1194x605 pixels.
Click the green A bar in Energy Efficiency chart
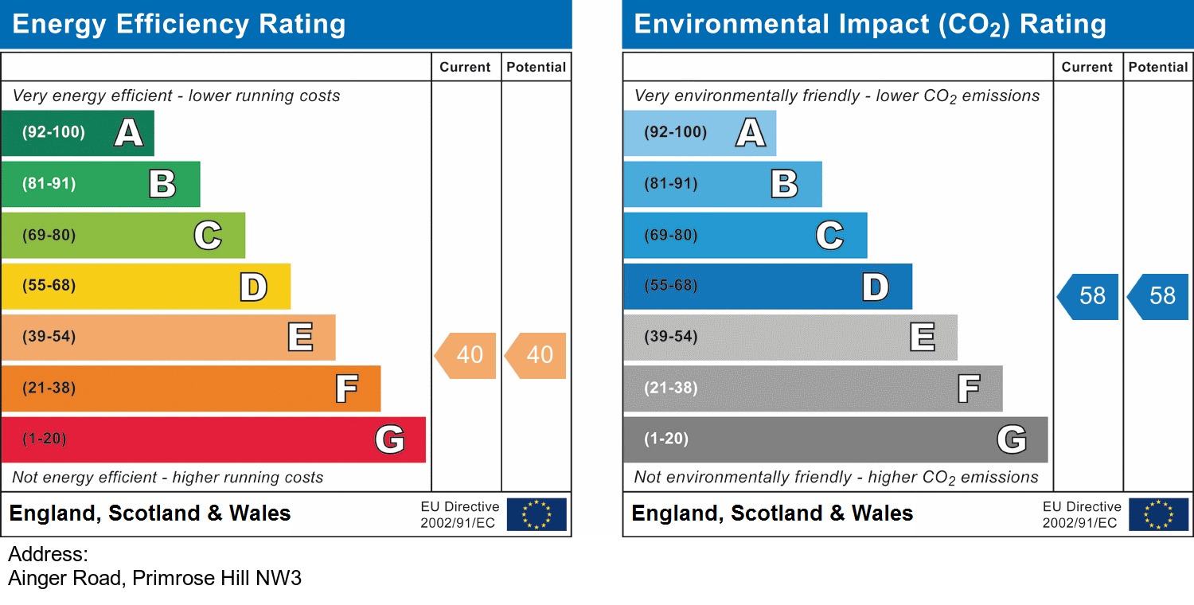point(77,133)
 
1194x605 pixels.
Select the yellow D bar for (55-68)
point(146,287)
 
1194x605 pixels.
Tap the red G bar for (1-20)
point(213,439)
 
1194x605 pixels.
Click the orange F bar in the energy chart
point(191,388)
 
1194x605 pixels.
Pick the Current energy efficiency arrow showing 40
point(466,355)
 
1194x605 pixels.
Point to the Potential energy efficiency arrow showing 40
point(537,355)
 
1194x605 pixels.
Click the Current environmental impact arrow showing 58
point(1089,296)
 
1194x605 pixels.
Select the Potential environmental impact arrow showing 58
point(1159,296)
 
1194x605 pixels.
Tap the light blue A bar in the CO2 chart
point(699,133)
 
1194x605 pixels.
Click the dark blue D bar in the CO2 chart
point(767,287)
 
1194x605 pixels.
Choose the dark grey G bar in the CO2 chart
point(835,439)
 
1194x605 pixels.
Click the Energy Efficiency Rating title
point(179,25)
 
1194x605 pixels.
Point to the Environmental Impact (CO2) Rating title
point(870,25)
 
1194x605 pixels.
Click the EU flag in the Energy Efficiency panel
point(537,514)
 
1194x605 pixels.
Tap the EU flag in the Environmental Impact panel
point(1158,514)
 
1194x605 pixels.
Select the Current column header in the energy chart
point(465,68)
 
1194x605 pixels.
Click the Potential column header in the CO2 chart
point(1158,68)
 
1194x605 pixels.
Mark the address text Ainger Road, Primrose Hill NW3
point(155,578)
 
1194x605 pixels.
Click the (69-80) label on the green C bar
point(49,236)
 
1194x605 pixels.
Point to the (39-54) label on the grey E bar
point(671,337)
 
